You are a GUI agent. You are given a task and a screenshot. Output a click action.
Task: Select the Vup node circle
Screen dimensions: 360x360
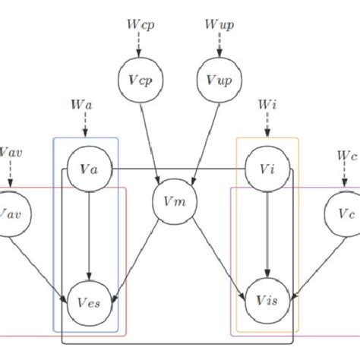click(x=218, y=80)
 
